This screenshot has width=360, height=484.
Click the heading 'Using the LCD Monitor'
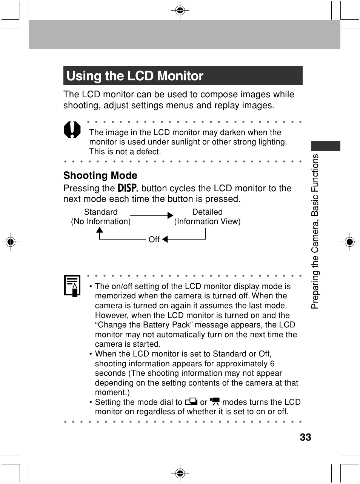pos(135,76)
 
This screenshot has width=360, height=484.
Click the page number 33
pos(305,437)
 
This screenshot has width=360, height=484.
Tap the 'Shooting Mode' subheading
pos(100,175)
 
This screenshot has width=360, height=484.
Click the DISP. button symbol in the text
pos(128,188)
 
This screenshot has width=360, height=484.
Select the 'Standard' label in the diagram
pos(100,212)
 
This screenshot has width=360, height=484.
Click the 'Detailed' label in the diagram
pos(207,212)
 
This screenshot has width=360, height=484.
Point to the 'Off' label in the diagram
pos(154,240)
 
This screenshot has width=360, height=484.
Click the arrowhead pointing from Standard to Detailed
pos(170,216)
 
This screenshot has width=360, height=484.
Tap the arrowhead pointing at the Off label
pos(165,239)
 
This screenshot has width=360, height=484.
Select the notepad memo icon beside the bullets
pos(72,286)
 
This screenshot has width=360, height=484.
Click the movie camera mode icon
pos(215,402)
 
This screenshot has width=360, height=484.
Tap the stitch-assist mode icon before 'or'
pos(190,402)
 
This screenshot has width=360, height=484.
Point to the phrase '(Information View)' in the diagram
pos(207,221)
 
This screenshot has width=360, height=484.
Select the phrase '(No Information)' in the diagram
pos(101,221)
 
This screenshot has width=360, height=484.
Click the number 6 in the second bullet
pos(272,364)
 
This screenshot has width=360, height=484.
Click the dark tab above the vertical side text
pos(326,146)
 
